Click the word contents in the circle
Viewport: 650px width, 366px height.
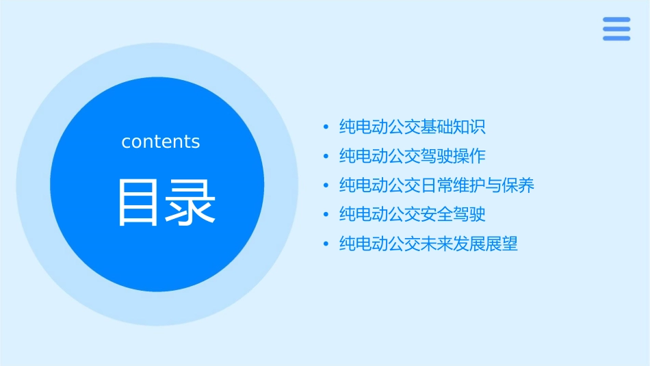coord(161,142)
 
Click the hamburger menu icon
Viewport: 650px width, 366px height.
coord(616,29)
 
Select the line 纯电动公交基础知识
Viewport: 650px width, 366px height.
coord(412,127)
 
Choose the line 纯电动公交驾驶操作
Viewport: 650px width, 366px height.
coord(412,156)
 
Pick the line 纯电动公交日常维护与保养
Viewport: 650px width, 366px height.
coord(437,185)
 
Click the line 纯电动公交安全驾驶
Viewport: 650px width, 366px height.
coord(412,215)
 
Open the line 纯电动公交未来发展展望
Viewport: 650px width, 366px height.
coord(428,244)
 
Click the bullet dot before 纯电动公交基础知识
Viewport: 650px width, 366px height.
coord(326,127)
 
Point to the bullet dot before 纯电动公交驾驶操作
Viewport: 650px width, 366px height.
coord(326,157)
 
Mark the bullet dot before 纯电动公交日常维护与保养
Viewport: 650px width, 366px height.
coord(326,186)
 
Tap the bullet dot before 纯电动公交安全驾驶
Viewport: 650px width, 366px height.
coord(326,215)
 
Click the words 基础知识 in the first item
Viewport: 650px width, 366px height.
coord(453,127)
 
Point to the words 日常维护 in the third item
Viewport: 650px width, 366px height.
coord(453,185)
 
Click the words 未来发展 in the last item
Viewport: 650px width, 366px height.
coord(453,244)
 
